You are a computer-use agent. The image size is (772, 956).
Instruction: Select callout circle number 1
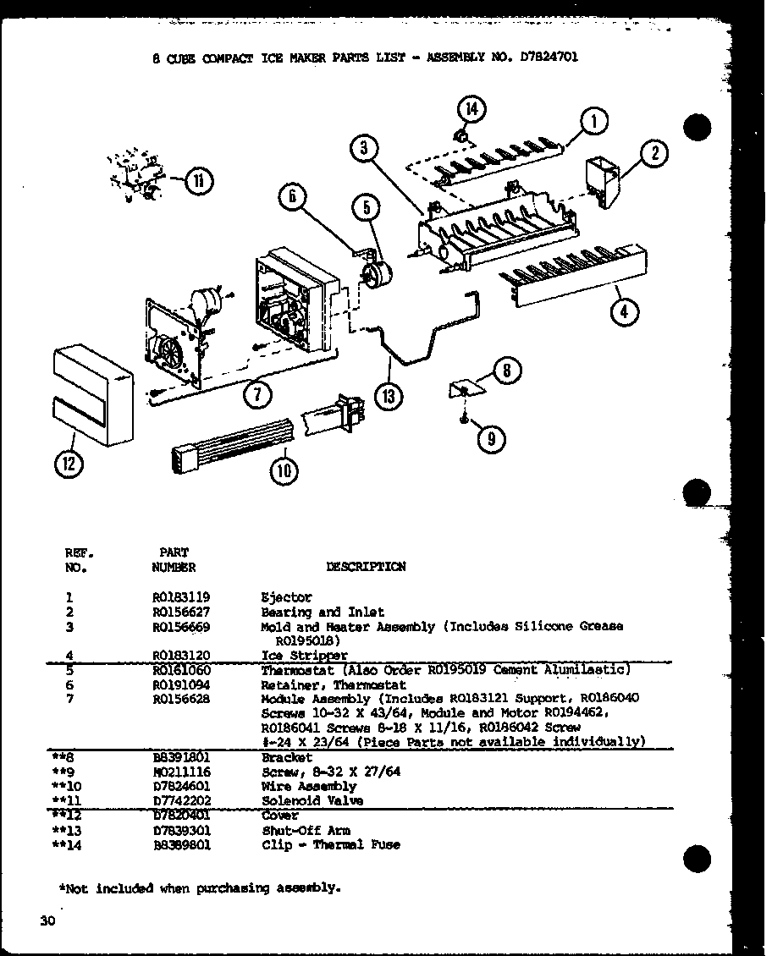[594, 122]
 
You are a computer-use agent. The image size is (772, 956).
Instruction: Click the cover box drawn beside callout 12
[91, 393]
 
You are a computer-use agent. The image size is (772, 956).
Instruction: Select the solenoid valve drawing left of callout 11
[137, 176]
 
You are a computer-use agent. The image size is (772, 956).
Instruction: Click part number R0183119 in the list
[181, 596]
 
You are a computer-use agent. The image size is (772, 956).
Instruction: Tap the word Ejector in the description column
[286, 596]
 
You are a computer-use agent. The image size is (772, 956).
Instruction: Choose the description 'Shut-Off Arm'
[295, 830]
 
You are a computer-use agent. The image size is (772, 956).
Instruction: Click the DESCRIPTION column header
[365, 567]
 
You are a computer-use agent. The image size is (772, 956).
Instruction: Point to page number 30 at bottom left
[46, 921]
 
